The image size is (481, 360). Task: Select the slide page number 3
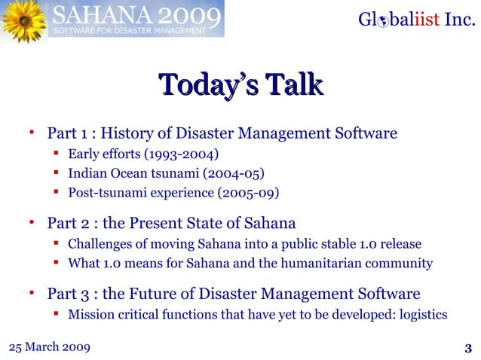468,347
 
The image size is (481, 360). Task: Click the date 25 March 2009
49,346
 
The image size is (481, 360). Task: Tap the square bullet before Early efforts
57,154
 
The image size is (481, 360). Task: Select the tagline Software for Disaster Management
128,31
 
